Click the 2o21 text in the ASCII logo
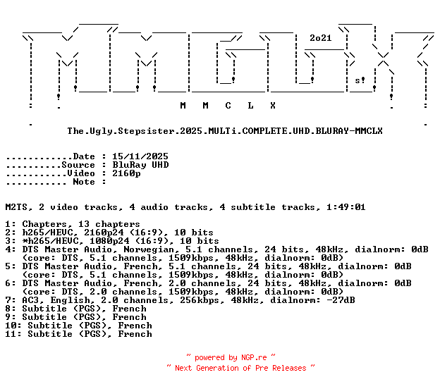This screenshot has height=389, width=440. tap(320, 38)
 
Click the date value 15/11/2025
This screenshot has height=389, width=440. tap(140, 156)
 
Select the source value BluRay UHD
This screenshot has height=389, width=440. tap(140, 165)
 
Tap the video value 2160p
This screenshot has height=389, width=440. tap(126, 173)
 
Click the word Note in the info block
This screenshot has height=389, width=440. tap(84, 182)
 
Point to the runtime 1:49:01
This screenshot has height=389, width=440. tap(346, 207)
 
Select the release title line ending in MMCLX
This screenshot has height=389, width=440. tap(225, 131)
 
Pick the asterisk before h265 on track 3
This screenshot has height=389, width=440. tap(25, 240)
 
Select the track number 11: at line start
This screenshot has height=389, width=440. tap(13, 334)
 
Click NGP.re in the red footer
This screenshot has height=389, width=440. tap(254, 357)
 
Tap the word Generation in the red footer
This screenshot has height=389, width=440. tap(217, 368)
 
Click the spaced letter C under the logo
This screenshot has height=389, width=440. tap(228, 106)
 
